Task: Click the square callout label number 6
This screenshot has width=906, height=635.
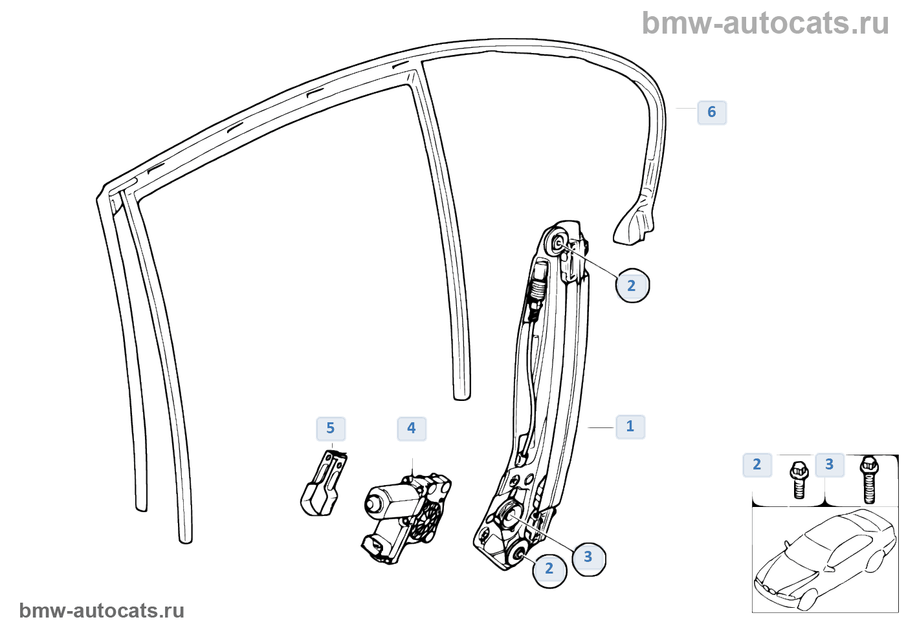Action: tap(712, 113)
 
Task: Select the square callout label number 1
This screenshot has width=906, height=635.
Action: tap(630, 427)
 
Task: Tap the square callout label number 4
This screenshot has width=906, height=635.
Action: tap(412, 428)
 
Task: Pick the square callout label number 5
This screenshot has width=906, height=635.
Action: tap(331, 428)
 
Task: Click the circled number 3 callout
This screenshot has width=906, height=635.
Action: tap(588, 557)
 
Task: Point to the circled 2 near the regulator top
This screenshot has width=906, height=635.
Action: tap(632, 286)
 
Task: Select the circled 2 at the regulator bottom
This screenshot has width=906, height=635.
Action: tap(549, 569)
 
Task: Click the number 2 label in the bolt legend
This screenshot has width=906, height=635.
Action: tap(757, 465)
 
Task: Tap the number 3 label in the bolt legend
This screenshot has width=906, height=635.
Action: tap(830, 465)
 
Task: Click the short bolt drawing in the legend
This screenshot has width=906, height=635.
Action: tap(799, 479)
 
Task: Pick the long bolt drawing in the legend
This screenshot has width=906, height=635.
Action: tap(869, 479)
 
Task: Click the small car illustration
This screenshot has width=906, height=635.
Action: tap(825, 559)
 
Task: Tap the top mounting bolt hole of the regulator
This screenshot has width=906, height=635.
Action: tap(558, 244)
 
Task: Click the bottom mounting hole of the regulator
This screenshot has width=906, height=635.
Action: tap(517, 554)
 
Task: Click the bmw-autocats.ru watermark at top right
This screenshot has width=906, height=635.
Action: tap(766, 23)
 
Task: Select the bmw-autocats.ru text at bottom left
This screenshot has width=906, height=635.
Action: tap(102, 610)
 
